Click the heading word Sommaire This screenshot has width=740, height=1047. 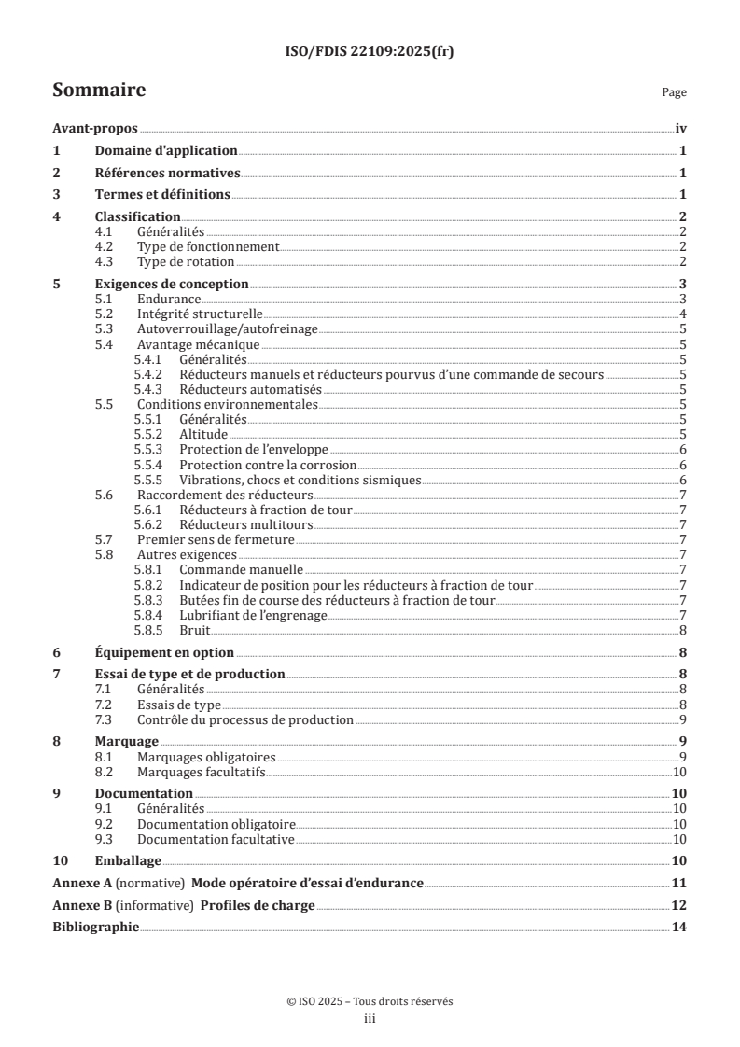[98, 91]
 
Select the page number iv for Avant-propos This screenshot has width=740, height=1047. [680, 130]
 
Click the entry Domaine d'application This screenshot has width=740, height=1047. [166, 151]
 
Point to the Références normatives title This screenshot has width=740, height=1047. [168, 173]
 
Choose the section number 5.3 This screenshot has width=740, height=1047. [105, 328]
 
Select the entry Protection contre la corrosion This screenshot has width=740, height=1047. [268, 465]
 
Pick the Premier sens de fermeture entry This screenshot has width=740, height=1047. [216, 539]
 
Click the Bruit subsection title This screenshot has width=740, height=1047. [195, 629]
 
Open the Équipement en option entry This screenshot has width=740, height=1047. [164, 652]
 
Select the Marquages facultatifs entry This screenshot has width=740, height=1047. [202, 771]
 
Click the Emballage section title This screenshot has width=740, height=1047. [128, 860]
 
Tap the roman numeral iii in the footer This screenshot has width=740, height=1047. [370, 1019]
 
